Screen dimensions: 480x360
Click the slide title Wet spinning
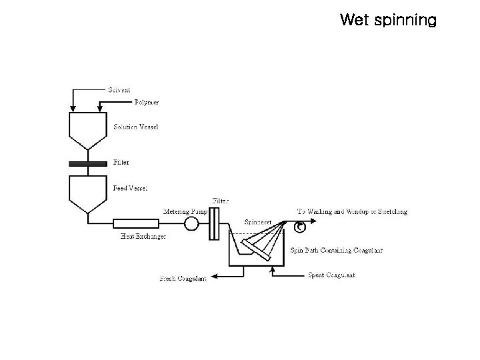coord(388,20)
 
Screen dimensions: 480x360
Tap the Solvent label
coord(119,90)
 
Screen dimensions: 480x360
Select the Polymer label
coord(147,102)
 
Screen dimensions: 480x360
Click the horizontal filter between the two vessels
coord(88,164)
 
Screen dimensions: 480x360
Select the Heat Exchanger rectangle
coord(136,223)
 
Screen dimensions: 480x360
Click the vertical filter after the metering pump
coord(214,224)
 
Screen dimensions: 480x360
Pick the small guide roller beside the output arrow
coord(300,227)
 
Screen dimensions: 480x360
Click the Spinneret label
coord(258,222)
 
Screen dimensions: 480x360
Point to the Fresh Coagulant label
coord(183,279)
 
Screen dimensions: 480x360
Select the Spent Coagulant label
coord(331,275)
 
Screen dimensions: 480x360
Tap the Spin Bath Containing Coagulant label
coord(337,251)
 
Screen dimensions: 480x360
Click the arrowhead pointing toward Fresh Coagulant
coord(215,277)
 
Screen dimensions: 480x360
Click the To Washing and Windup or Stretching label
coord(353,211)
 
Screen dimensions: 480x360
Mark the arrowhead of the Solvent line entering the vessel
coord(73,109)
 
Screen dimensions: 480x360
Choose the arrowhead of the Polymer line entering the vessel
coord(99,109)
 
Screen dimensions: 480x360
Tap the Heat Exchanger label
coord(143,236)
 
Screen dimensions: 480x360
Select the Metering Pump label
coord(185,211)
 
